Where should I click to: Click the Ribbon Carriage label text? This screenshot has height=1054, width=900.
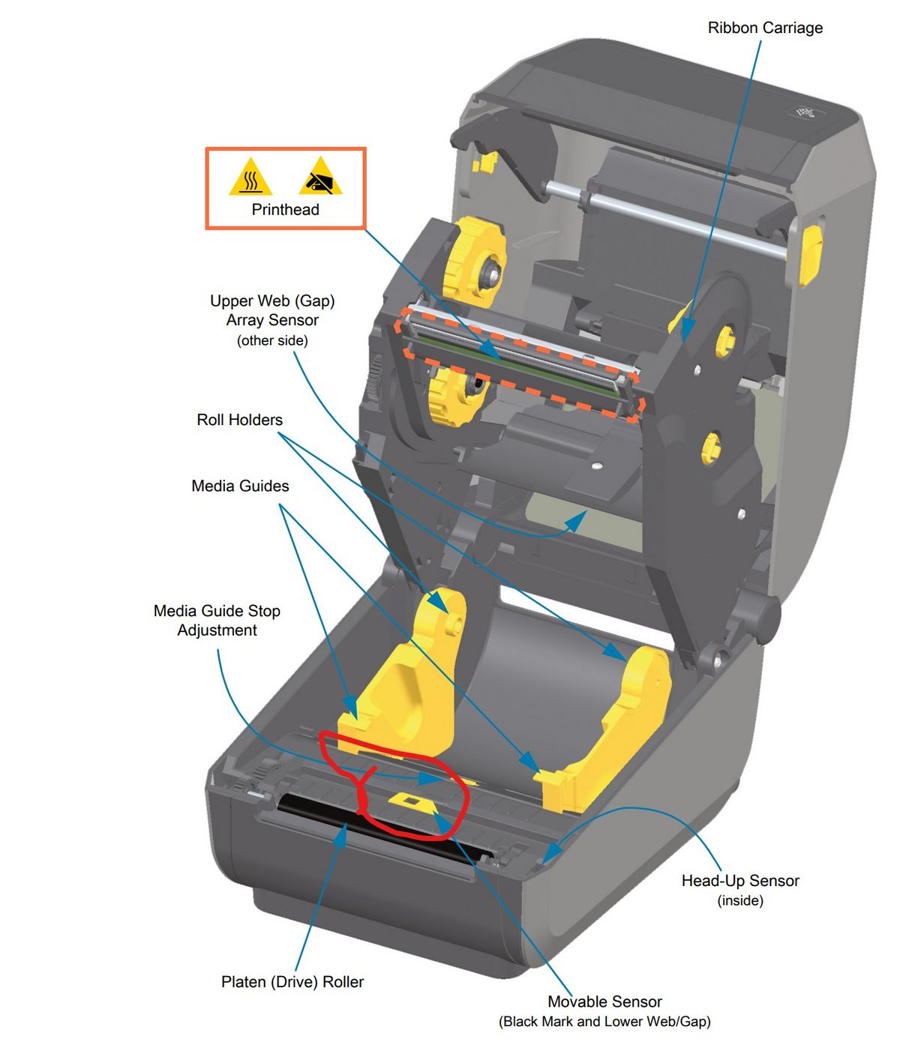765,28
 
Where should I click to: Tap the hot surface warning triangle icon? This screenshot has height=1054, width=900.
250,178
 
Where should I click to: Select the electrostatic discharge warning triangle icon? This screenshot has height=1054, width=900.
320,178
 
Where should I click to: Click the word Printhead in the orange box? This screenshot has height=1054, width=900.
285,210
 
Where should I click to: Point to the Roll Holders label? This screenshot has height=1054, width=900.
239,420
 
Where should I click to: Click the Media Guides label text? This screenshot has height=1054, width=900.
240,486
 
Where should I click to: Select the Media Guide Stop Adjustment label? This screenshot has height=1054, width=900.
217,621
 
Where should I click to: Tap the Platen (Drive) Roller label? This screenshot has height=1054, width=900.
292,982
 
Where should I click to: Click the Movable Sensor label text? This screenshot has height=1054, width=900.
604,1002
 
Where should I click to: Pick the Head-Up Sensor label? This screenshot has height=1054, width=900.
739,881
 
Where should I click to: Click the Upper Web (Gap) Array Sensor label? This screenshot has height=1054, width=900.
272,311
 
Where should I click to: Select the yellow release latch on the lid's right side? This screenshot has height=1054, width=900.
811,256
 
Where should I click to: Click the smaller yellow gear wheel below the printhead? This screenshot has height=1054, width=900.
453,394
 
